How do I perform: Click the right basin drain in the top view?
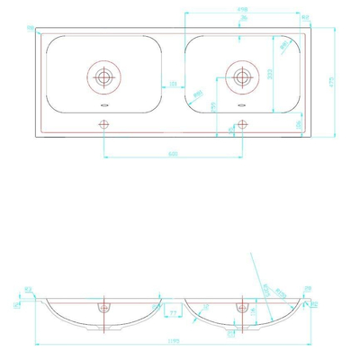[x=241, y=76]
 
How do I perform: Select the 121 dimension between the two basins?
[x=173, y=85]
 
